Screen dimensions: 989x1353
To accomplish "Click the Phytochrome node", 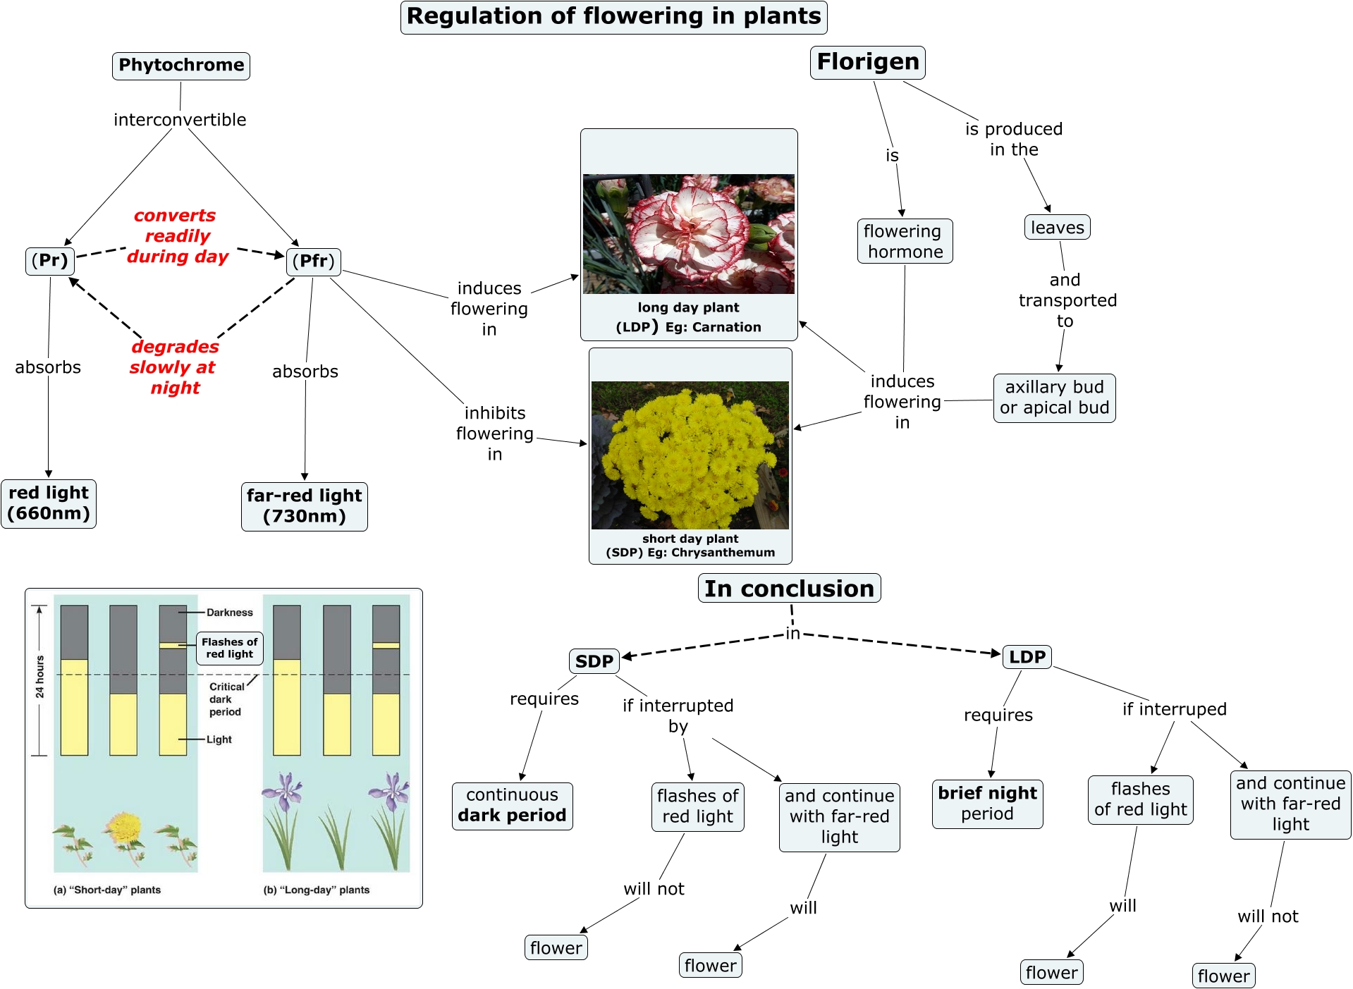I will (x=181, y=66).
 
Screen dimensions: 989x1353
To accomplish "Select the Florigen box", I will (x=867, y=62).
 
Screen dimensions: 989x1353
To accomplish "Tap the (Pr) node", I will (x=50, y=261).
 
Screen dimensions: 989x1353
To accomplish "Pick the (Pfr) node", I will (x=314, y=262).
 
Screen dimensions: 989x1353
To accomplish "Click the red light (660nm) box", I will (x=49, y=503).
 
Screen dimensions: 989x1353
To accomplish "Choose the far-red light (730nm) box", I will (x=304, y=506).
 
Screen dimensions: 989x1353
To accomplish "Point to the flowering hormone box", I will (x=905, y=241).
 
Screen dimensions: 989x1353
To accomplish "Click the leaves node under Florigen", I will (x=1057, y=228).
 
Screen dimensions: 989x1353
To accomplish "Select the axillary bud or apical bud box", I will (x=1054, y=398).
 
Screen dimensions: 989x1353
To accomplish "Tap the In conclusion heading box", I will (x=789, y=589).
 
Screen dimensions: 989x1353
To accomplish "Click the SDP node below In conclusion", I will (x=594, y=661).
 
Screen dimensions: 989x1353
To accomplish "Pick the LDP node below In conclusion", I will (x=1027, y=657).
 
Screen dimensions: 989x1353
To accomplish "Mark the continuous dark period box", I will (x=512, y=806).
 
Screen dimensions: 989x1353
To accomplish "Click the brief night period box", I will (x=987, y=804).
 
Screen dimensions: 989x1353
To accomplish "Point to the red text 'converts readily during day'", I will (x=176, y=236).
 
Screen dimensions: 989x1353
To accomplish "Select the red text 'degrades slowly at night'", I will (x=174, y=367).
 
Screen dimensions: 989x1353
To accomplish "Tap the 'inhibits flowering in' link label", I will (x=495, y=434).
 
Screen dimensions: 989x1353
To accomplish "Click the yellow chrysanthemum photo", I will (x=690, y=455).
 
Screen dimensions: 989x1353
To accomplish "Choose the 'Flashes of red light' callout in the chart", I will (x=229, y=648).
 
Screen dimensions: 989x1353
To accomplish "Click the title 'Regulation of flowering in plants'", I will (x=613, y=17).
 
